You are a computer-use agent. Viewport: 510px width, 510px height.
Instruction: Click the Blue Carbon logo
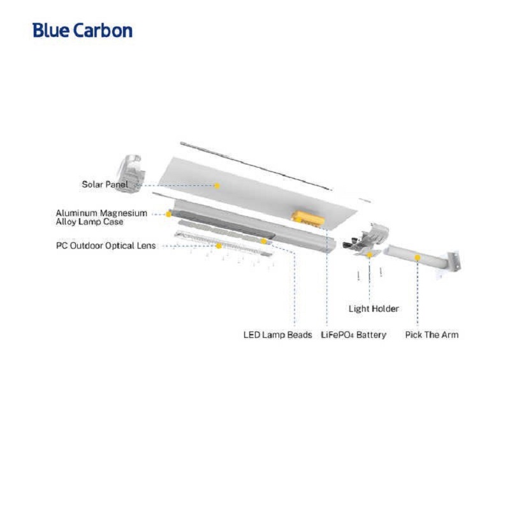(x=83, y=30)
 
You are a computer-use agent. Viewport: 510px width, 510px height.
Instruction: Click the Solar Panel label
(x=105, y=185)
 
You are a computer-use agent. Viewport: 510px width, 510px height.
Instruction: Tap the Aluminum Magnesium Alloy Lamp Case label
(x=101, y=217)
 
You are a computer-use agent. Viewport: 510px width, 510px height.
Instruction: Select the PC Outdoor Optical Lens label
(x=105, y=245)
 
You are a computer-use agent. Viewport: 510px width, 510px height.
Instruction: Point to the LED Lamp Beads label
(x=278, y=335)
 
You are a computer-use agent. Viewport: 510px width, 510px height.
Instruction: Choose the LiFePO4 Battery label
(x=354, y=335)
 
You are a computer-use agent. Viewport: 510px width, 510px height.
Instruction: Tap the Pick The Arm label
(x=432, y=335)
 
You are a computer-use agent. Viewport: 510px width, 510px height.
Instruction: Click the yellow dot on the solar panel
(x=217, y=186)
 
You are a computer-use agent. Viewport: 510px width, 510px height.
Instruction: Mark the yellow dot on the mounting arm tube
(x=417, y=258)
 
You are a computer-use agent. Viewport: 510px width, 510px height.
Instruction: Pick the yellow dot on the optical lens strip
(x=219, y=245)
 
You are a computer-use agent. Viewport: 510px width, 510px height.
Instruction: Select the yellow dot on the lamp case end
(x=168, y=214)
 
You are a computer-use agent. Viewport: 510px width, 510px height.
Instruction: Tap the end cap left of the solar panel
(x=134, y=167)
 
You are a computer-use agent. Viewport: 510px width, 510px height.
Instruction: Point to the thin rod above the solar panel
(x=255, y=164)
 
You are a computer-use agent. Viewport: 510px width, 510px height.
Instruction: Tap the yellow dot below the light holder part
(x=370, y=254)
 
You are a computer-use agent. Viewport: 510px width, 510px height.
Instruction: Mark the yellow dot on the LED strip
(x=263, y=241)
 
